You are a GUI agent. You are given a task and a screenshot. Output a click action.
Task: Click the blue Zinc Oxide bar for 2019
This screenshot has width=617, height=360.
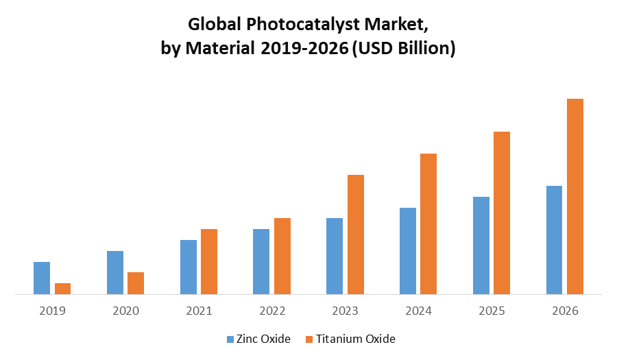[42, 278]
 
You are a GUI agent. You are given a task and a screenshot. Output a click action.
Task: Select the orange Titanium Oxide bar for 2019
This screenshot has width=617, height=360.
[62, 289]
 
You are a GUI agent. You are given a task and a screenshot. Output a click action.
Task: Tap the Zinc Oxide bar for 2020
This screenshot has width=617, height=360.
[115, 272]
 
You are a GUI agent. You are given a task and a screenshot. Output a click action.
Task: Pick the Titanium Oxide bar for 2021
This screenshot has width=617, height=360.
[209, 261]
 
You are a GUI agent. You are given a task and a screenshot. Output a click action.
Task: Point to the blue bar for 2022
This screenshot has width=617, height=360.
[261, 261]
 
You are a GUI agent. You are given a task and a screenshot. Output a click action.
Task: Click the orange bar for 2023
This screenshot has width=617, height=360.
[356, 235]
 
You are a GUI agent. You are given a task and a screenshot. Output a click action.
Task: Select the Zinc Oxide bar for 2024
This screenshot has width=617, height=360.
[408, 251]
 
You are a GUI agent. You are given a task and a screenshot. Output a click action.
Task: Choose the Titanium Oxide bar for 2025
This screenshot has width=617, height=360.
[502, 213]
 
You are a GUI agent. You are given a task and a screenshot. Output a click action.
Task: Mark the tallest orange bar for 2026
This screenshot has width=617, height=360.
[575, 196]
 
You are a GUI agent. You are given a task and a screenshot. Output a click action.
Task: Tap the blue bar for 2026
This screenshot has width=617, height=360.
[554, 240]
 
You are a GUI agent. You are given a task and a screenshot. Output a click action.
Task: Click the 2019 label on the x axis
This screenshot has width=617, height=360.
[52, 311]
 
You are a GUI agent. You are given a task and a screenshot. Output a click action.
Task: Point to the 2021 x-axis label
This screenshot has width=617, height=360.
[199, 311]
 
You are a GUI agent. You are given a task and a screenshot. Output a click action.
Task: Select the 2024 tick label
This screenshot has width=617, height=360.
[418, 311]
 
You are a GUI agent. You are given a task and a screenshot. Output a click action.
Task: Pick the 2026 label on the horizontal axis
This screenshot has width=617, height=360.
[565, 311]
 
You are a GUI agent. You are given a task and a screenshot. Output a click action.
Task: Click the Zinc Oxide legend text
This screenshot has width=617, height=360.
[263, 339]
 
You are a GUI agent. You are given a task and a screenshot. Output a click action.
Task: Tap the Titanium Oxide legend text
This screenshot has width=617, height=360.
[355, 339]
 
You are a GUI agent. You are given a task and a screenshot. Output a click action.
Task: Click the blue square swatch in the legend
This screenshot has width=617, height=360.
[230, 339]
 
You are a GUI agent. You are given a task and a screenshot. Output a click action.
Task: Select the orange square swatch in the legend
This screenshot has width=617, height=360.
[309, 339]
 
